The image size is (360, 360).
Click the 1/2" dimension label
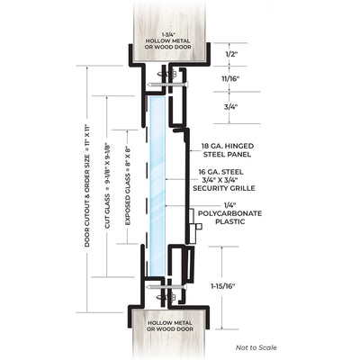pos(230,55)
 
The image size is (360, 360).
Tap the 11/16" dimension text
pos(230,79)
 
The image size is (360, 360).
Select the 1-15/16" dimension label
pos(222,286)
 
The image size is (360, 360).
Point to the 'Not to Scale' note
pos(256,347)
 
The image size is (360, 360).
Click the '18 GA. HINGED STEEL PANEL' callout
pos(229,150)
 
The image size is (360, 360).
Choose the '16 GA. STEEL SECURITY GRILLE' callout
pos(224,180)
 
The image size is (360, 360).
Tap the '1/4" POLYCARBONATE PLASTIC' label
pos(229,213)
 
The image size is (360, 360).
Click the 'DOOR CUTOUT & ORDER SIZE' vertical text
pos(87,185)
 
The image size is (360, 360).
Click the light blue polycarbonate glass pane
pos(157,186)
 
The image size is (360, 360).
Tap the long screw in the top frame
pos(167,85)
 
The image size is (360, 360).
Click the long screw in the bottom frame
pos(167,287)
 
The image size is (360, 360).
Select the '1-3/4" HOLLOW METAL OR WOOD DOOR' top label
pos(168,40)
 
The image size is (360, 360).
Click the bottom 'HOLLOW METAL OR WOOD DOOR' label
pos(169,326)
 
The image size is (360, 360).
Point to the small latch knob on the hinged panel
pos(198,226)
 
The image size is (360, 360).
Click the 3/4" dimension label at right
pos(230,107)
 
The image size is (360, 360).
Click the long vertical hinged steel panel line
pos(188,186)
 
